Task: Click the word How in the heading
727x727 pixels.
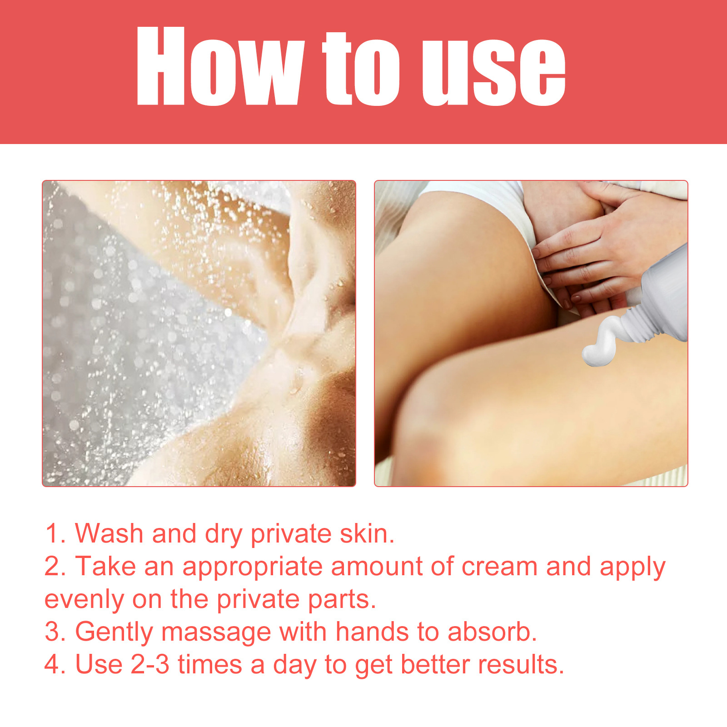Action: [219, 66]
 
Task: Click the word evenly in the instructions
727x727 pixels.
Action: [84, 600]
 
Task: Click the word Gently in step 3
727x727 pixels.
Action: [114, 632]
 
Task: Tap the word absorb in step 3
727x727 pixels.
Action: [492, 632]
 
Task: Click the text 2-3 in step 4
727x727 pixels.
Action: [150, 665]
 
